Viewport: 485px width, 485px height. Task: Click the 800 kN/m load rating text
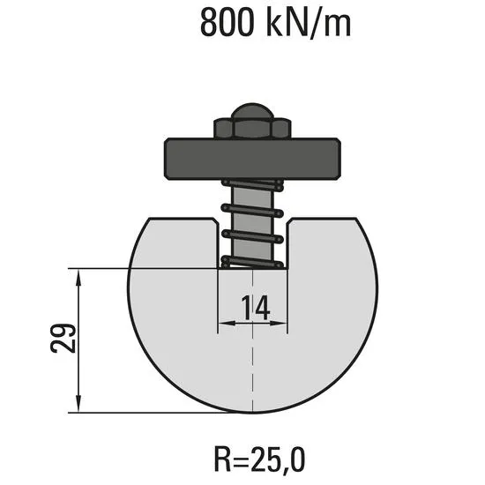[276, 23]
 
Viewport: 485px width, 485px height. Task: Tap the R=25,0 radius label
[259, 459]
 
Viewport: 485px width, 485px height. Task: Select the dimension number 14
[256, 308]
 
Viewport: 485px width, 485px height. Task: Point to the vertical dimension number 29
[63, 338]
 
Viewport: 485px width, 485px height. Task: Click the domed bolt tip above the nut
[253, 111]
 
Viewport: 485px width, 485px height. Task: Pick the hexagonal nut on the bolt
[252, 128]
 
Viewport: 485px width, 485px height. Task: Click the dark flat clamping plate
[252, 159]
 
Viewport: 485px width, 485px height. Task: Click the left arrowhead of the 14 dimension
[227, 324]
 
